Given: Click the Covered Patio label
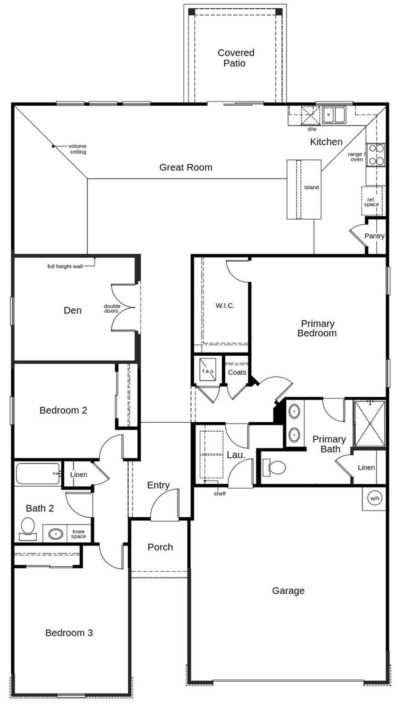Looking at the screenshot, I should [236, 58].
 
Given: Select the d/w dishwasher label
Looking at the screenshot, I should [312, 129].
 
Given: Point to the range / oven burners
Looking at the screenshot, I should [376, 154].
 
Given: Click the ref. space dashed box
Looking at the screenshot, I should [372, 201].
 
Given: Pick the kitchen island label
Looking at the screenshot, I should [311, 187].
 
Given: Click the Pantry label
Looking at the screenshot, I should [374, 236].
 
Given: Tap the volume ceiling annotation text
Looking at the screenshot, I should [77, 149].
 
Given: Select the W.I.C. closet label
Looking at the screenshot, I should [225, 306].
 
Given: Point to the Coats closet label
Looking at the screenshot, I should [237, 372].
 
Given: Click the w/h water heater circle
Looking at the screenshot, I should [375, 498].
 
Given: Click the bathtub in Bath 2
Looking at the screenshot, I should [38, 473].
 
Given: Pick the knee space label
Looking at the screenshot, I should [78, 534].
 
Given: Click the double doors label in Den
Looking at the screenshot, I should [112, 309].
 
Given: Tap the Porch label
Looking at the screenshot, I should [160, 547].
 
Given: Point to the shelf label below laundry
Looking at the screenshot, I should [220, 494].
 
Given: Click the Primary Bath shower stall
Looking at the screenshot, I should [370, 423].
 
